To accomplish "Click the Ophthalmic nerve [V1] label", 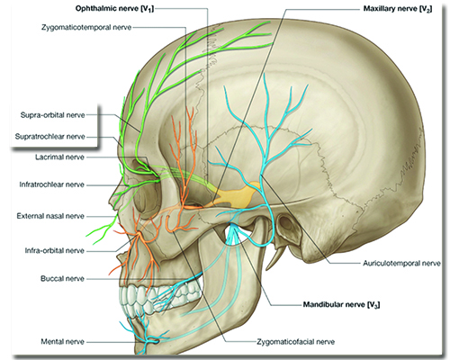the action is tap(114, 9).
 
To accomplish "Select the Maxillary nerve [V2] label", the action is tap(398, 9).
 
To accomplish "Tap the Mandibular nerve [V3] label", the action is tap(341, 305).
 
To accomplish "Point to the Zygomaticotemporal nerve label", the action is tap(86, 27).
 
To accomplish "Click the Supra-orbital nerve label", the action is tap(52, 115).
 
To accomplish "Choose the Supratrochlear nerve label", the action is tap(50, 137).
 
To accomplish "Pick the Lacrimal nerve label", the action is tap(59, 157).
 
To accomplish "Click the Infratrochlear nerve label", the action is tap(51, 184).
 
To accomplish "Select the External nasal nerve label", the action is tap(50, 216).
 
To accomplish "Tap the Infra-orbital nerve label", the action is tap(54, 250).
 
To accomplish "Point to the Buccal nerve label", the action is tap(62, 279).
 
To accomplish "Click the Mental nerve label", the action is tap(62, 341).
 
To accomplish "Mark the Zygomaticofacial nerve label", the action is tap(296, 342).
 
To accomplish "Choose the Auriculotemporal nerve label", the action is tap(401, 264).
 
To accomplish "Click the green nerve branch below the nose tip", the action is tap(102, 229).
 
